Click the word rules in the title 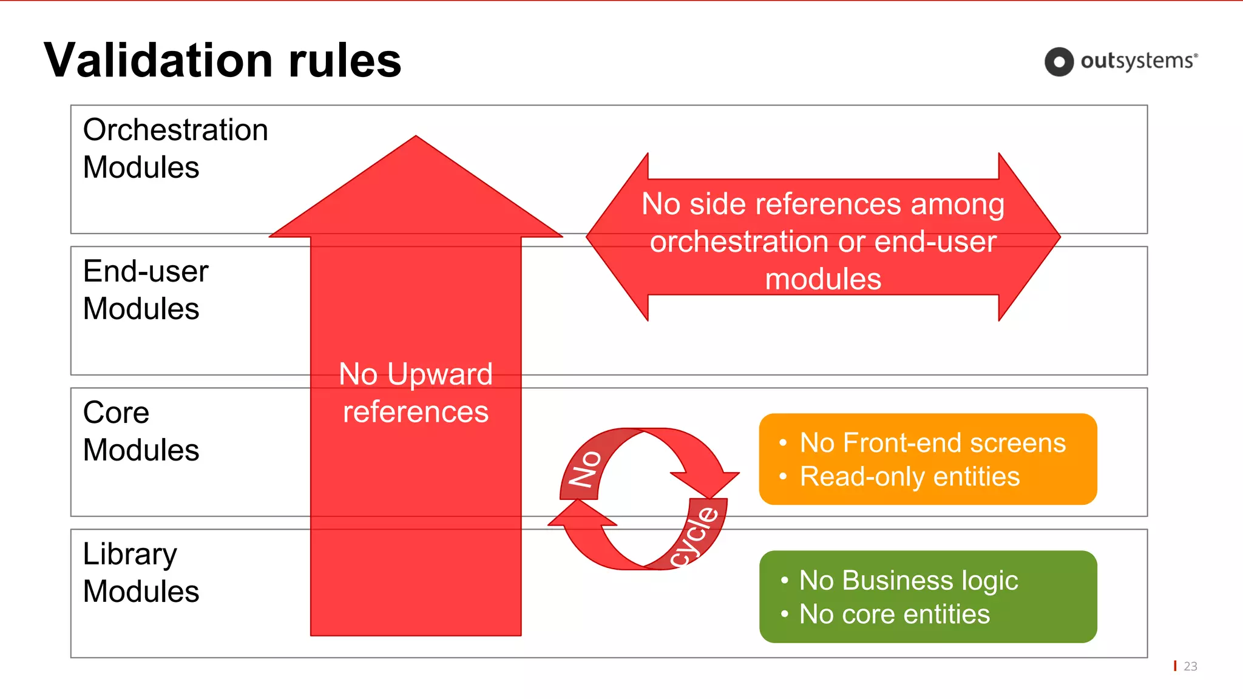345,61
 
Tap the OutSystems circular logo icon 1059,62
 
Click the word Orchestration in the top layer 175,130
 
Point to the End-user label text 146,271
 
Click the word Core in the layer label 116,413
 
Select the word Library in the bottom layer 130,554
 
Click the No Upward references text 416,393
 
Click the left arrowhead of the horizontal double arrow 613,237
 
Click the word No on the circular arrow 584,468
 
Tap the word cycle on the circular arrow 696,536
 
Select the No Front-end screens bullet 932,443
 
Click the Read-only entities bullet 909,476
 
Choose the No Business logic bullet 908,580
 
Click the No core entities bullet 894,614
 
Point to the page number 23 1190,666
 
